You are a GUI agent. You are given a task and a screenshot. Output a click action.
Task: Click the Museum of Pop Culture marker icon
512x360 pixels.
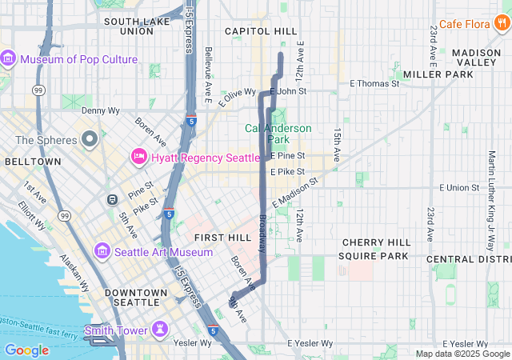(x=10, y=59)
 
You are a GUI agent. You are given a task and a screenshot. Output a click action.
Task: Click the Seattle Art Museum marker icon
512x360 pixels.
(x=102, y=252)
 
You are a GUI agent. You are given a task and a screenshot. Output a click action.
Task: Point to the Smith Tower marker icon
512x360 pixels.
(x=160, y=330)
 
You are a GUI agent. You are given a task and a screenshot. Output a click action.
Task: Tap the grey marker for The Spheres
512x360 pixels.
(x=90, y=140)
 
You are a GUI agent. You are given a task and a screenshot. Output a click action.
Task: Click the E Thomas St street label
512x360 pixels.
(x=374, y=83)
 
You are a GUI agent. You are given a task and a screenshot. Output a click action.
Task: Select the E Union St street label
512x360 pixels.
(x=463, y=187)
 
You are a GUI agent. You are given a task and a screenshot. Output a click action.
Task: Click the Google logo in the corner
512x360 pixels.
(x=27, y=350)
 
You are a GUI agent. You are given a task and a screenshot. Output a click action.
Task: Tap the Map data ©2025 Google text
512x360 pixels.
(x=462, y=354)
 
